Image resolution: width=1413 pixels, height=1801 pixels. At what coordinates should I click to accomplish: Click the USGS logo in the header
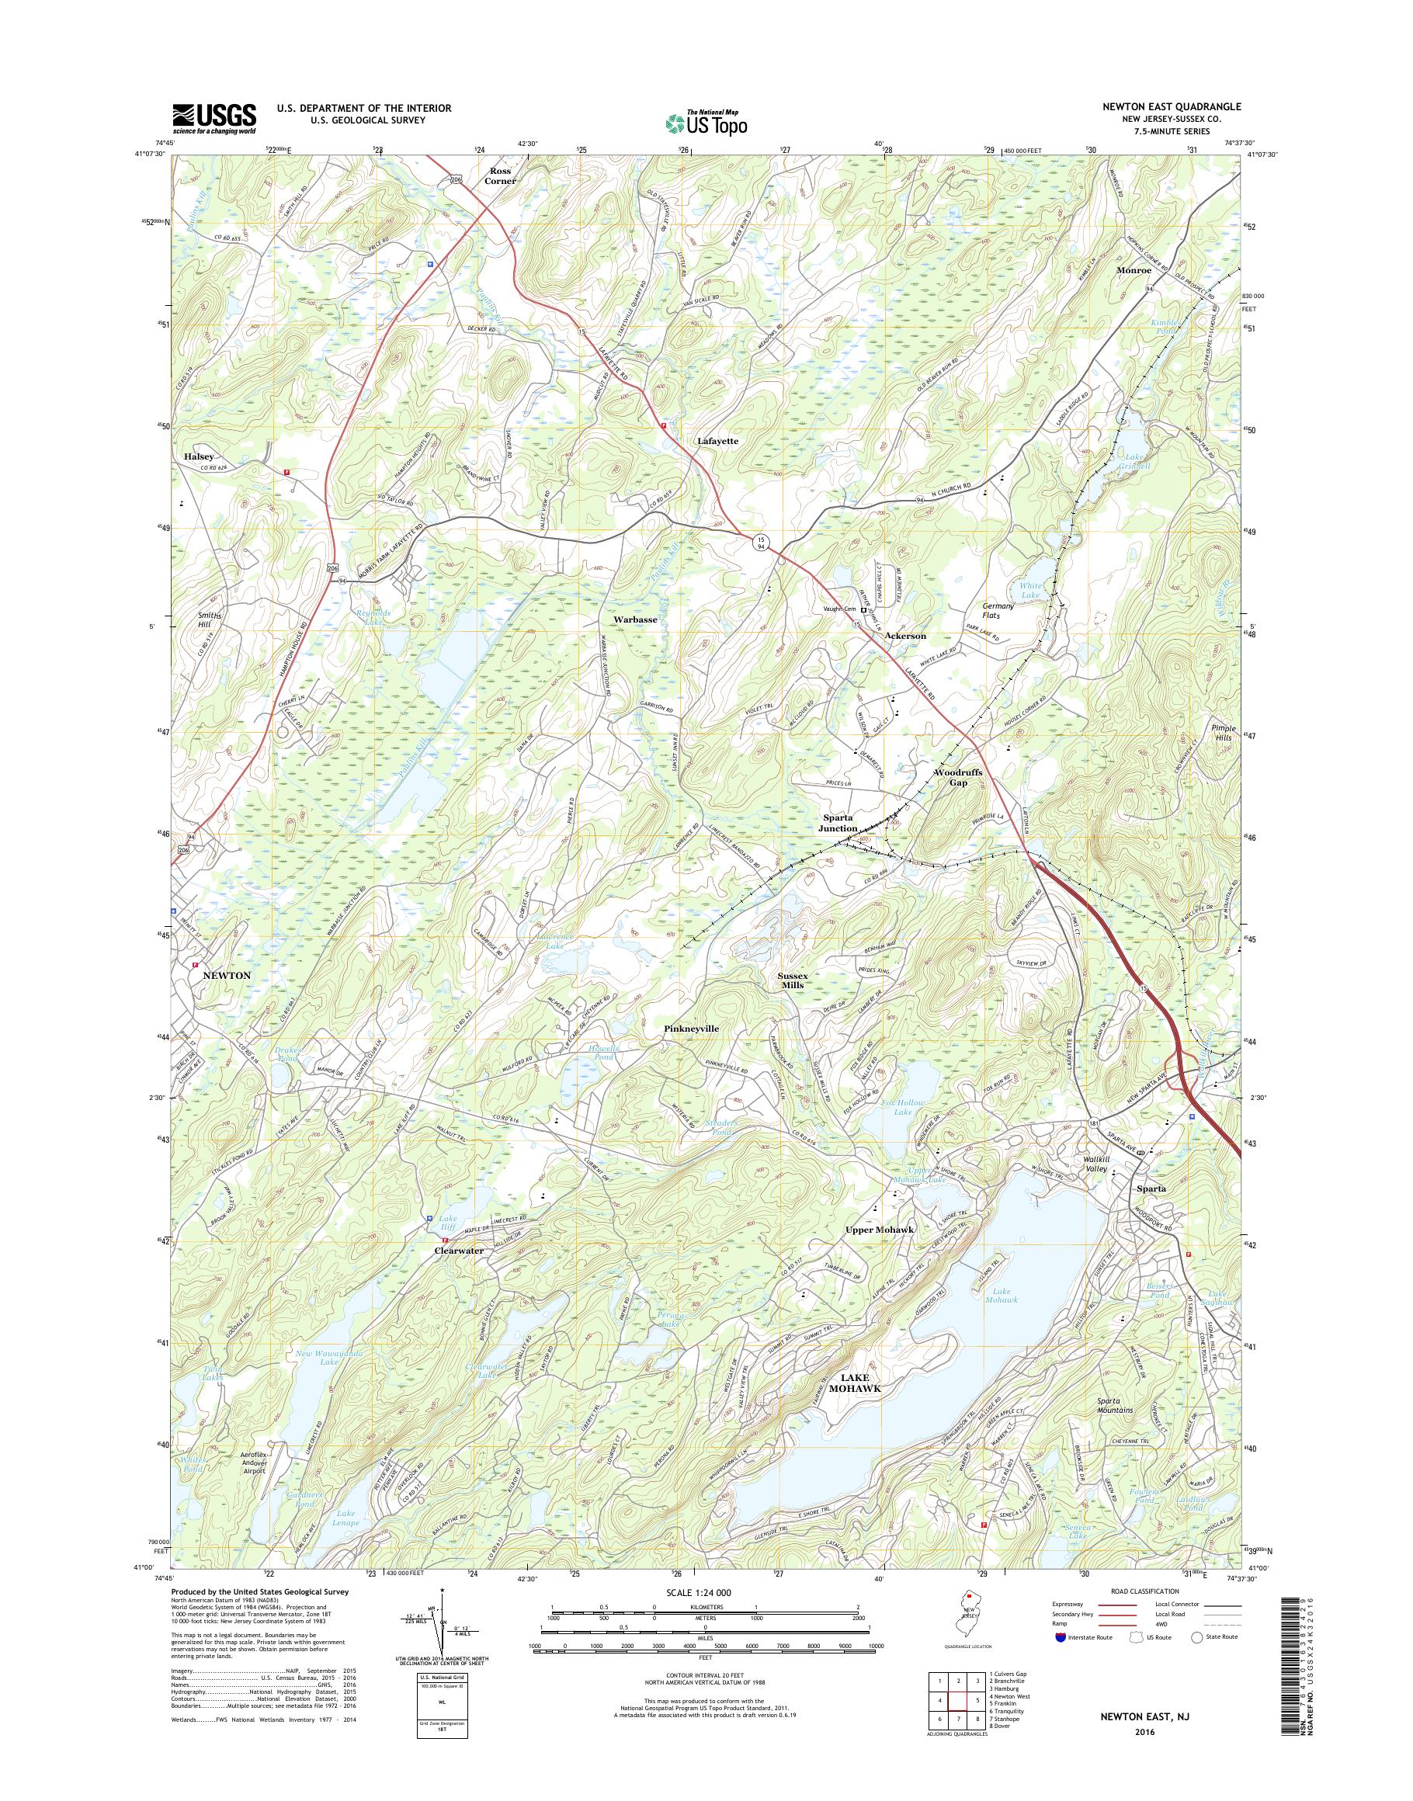pos(214,118)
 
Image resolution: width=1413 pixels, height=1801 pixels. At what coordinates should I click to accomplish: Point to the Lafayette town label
pos(717,442)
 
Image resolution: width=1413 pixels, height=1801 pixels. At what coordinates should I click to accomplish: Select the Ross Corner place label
pos(500,175)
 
